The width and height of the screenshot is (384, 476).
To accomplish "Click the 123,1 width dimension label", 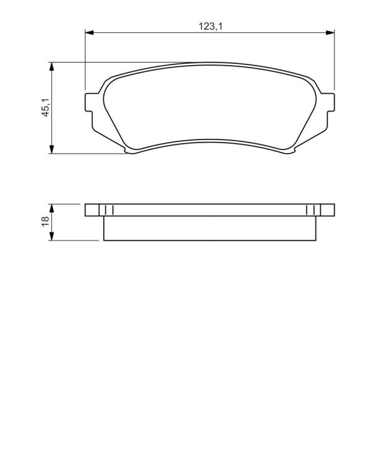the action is coord(211,27).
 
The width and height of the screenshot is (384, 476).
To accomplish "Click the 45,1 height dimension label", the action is coord(45,107).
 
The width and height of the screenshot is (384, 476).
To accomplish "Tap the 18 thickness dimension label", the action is coord(45,221).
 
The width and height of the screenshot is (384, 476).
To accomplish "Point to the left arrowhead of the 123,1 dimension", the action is coord(89,32).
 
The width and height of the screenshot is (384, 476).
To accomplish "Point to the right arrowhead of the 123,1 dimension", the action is coord(330,32).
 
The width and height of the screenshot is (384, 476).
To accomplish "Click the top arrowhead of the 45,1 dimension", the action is coord(52,67).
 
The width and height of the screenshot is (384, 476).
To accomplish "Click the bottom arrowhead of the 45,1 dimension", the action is coord(52,149).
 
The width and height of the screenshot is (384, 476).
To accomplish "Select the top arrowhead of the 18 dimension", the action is coord(52,208).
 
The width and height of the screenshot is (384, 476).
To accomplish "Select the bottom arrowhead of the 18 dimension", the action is coord(52,236).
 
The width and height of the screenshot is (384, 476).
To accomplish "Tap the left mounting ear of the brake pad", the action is coord(89,102).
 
